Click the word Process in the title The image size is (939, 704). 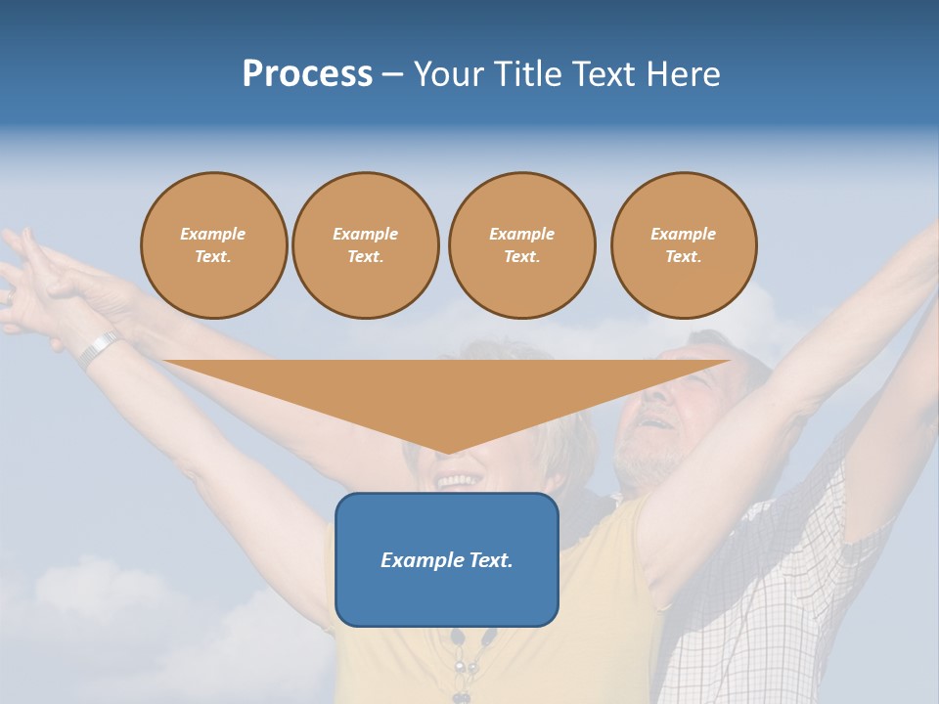coord(307,74)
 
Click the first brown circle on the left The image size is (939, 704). coord(213,245)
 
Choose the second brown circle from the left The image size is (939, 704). coord(365,245)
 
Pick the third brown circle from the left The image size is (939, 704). coord(521,245)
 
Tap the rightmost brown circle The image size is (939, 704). coord(684,245)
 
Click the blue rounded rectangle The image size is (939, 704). coord(447,596)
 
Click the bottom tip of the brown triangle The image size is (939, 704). coord(447,453)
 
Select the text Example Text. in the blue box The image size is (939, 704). coord(447,560)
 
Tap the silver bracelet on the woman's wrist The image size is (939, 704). coord(99,348)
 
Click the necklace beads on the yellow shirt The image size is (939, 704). coord(460,665)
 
